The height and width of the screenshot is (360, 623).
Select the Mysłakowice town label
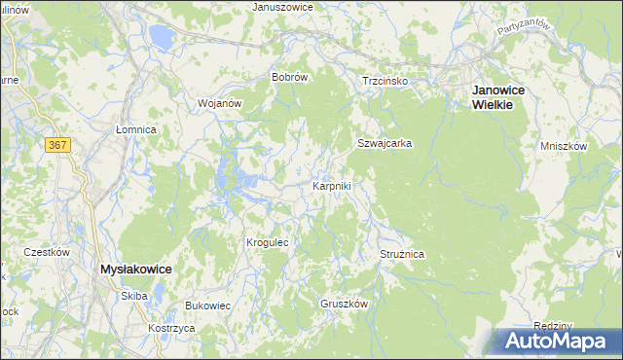tap(137, 269)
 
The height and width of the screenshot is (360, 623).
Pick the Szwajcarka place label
tap(385, 143)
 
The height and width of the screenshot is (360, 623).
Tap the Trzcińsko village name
tap(385, 82)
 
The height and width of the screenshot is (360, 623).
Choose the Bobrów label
tap(290, 77)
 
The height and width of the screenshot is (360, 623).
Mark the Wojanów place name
tap(219, 102)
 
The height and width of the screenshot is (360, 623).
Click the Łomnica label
tap(136, 128)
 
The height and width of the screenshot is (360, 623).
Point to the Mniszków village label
tap(564, 146)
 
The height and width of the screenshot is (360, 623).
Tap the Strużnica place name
tap(402, 254)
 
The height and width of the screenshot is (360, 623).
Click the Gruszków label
tap(345, 304)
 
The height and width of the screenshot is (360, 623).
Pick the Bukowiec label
tap(207, 306)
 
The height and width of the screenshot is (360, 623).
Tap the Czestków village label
tap(47, 252)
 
